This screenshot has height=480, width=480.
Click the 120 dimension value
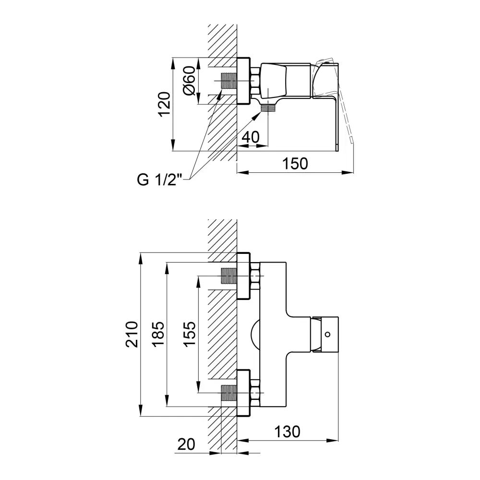[164, 104]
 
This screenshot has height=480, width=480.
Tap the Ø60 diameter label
[189, 81]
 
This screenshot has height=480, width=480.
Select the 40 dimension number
[251, 137]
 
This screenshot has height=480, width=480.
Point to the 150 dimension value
[295, 164]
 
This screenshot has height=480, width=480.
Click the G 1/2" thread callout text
[159, 180]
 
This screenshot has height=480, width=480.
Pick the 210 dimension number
[132, 334]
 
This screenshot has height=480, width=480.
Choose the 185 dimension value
[158, 334]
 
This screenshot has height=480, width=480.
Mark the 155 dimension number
[190, 334]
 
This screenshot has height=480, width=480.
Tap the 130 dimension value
[287, 432]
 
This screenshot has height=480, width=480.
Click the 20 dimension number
[186, 444]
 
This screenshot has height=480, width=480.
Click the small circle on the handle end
[328, 334]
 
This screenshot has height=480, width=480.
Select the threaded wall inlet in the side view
[228, 81]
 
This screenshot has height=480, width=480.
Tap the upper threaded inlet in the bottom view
[228, 276]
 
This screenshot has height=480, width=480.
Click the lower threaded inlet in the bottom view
[228, 393]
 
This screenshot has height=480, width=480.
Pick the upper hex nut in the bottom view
[255, 276]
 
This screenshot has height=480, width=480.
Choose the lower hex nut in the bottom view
[255, 393]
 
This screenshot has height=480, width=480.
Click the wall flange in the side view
[244, 81]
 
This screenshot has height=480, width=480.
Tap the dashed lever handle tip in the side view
[351, 140]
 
